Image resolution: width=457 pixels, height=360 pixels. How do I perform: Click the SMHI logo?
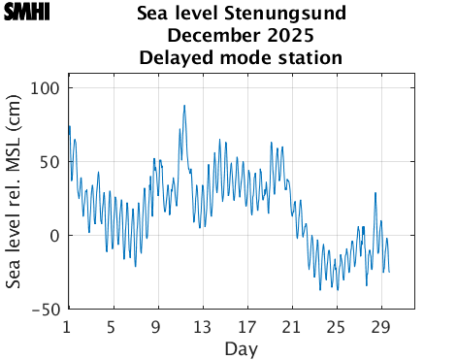coord(25,13)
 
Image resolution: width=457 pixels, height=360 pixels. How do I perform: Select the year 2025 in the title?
coord(290,36)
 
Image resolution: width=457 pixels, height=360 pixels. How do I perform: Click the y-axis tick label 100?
coord(46,88)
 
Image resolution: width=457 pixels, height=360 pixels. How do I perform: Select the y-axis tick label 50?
coord(49,162)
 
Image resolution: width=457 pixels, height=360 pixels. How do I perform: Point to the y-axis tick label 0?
coord(54,236)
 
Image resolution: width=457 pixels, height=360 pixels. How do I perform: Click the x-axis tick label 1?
coord(67,326)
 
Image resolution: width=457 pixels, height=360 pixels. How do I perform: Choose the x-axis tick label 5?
coord(112,326)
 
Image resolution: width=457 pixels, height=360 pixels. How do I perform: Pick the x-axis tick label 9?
coord(156,326)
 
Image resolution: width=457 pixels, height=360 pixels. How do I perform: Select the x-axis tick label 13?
coord(202,326)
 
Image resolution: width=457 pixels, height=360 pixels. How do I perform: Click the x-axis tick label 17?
coord(246,326)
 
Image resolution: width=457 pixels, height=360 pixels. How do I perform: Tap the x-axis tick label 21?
coord(291,326)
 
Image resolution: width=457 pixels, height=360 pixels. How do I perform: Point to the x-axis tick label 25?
coord(337,326)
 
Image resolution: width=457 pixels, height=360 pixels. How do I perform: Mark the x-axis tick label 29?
coord(381,326)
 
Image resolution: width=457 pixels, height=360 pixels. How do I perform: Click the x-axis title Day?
coord(241,347)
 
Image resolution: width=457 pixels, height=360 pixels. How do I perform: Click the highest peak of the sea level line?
coord(184,106)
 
